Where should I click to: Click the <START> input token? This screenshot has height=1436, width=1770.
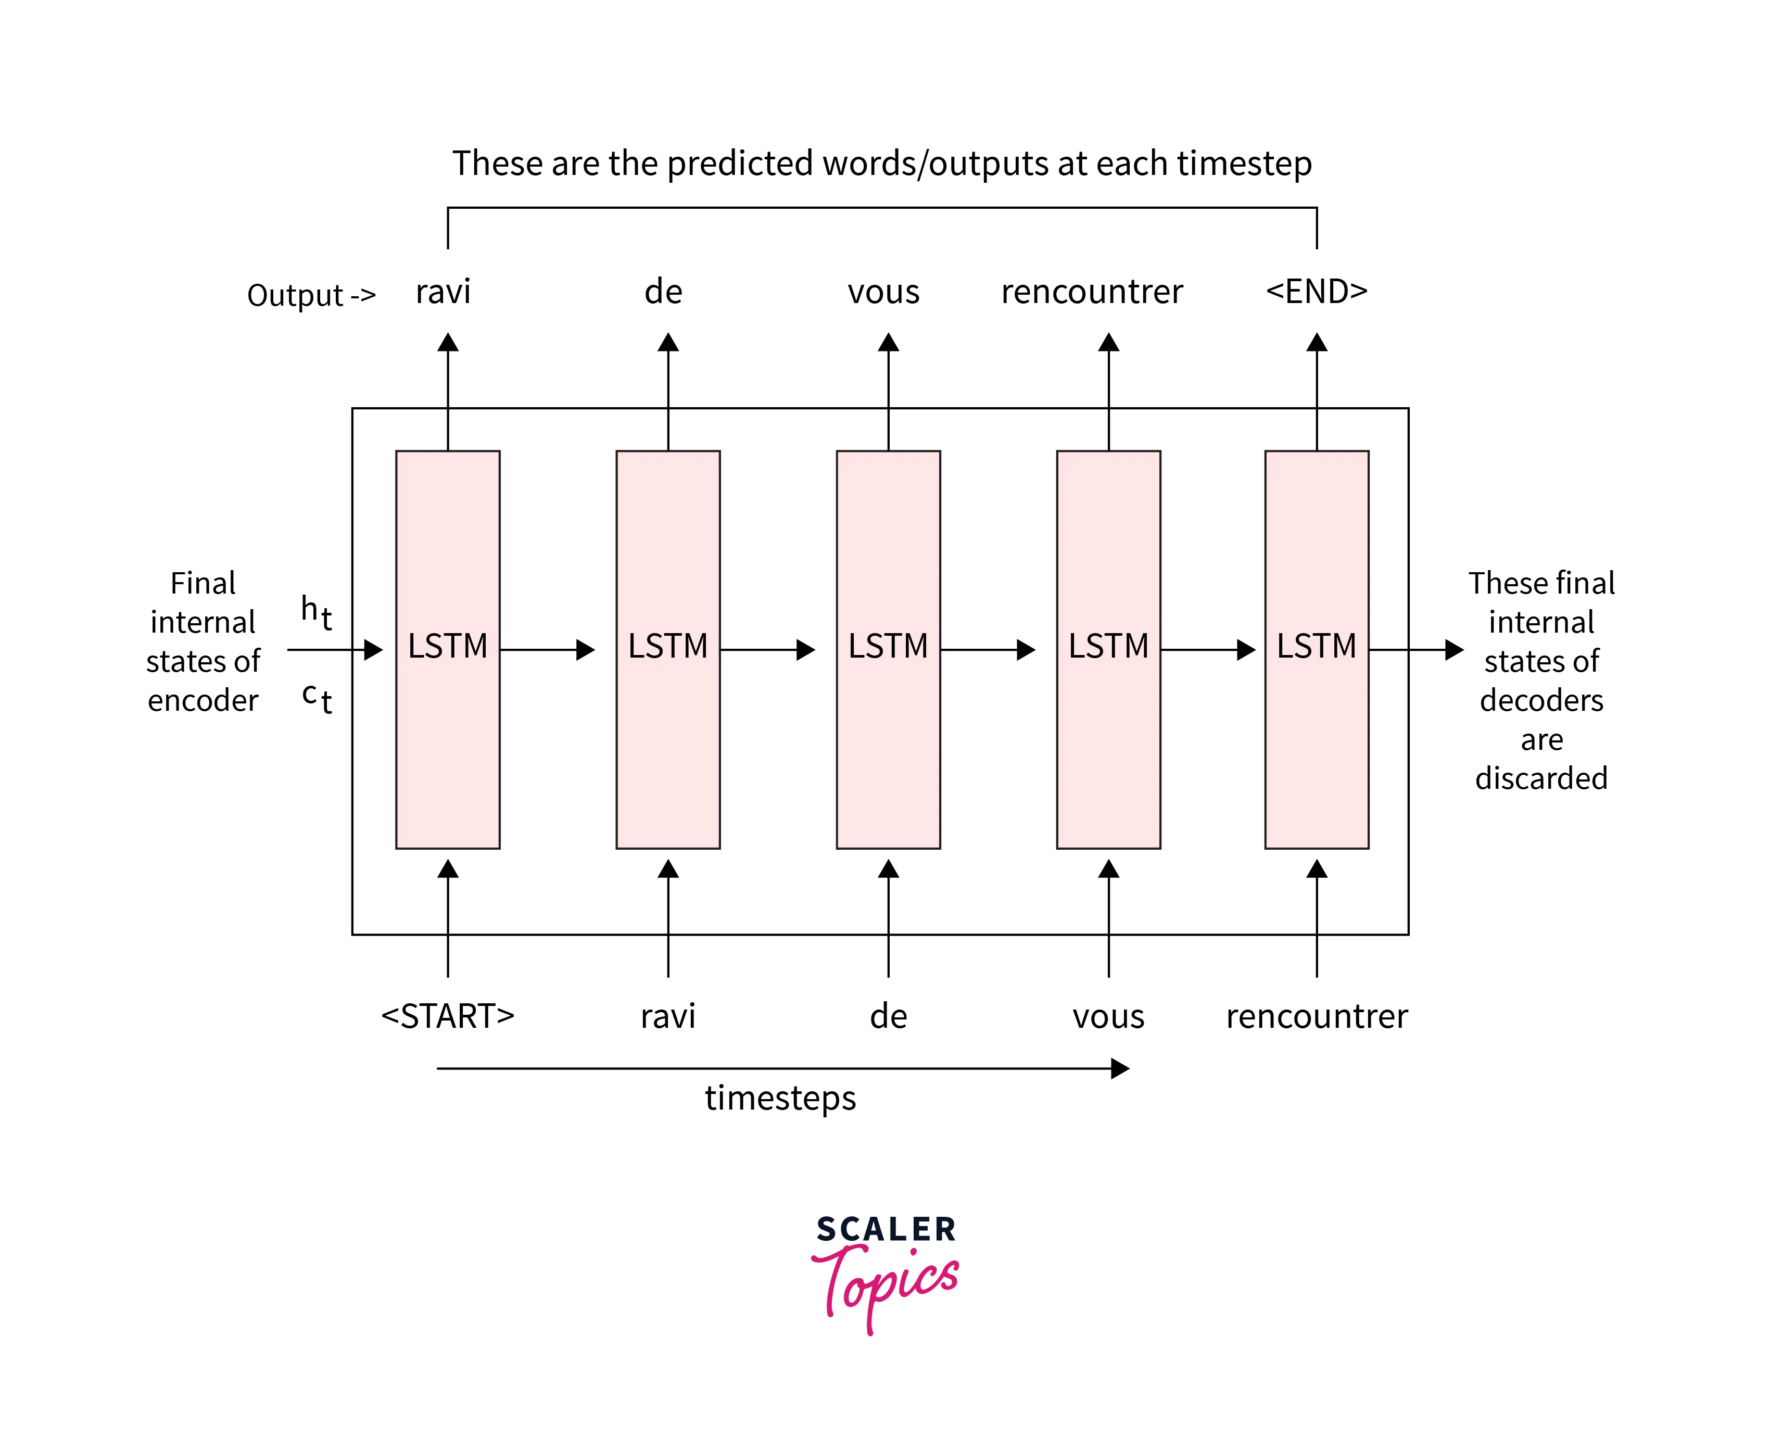click(x=448, y=1016)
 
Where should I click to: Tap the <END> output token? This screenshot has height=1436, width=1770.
click(x=1316, y=291)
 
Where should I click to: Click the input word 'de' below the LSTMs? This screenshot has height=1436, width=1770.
click(x=888, y=1016)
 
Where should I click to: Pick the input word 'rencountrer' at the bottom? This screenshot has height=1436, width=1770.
click(x=1316, y=1016)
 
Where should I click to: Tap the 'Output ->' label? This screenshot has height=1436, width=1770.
click(x=311, y=295)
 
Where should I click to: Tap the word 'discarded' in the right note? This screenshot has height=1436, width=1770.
click(x=1541, y=778)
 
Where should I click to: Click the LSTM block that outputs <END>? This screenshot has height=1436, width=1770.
click(x=1316, y=649)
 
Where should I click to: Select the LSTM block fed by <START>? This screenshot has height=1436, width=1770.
click(x=448, y=649)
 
